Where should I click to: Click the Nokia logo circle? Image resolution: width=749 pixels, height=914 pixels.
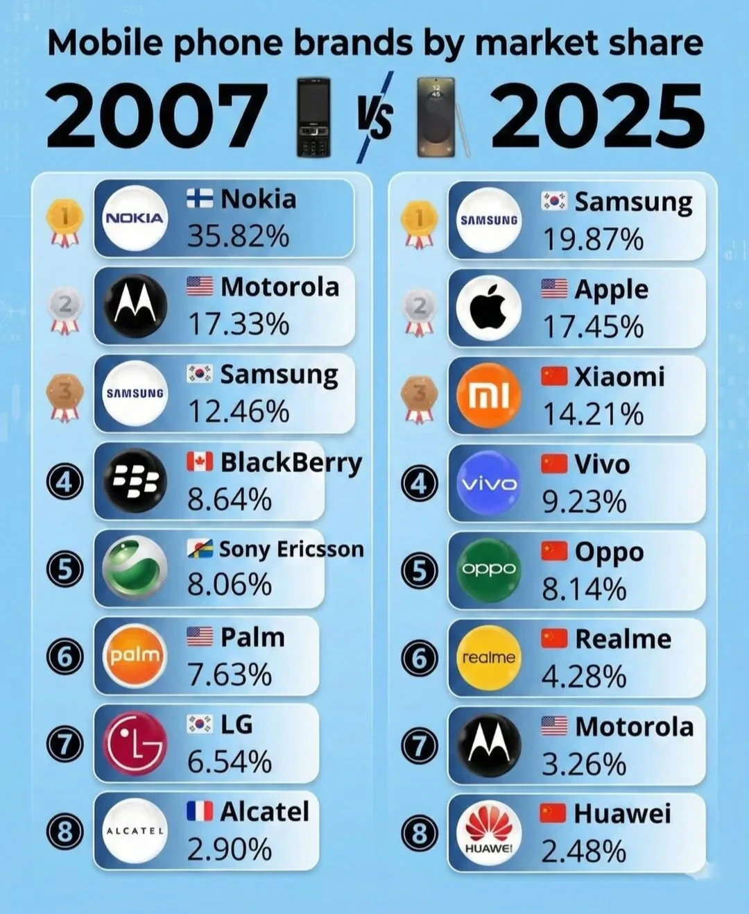pyautogui.click(x=135, y=218)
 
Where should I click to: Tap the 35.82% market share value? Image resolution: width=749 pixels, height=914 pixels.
pyautogui.click(x=238, y=236)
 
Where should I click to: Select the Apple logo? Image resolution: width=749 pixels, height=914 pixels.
pyautogui.click(x=489, y=307)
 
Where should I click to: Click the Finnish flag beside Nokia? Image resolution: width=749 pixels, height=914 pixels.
pyautogui.click(x=200, y=199)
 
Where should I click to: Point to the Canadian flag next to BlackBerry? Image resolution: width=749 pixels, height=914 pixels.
pyautogui.click(x=200, y=462)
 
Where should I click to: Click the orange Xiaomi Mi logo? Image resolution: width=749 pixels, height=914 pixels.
pyautogui.click(x=489, y=395)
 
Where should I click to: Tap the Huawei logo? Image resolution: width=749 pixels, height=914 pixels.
pyautogui.click(x=489, y=832)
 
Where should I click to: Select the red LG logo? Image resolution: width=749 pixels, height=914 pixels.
pyautogui.click(x=135, y=743)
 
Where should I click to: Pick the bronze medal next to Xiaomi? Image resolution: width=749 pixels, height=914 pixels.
pyautogui.click(x=419, y=398)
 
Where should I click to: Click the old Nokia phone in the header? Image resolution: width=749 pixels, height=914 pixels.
pyautogui.click(x=313, y=117)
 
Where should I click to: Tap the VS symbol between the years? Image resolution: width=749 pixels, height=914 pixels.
pyautogui.click(x=374, y=117)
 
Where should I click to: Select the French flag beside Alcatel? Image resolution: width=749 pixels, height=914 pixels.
pyautogui.click(x=200, y=811)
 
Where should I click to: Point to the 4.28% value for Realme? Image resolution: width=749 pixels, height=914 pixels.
pyautogui.click(x=584, y=677)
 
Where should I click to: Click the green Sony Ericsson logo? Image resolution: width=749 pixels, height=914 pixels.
pyautogui.click(x=135, y=568)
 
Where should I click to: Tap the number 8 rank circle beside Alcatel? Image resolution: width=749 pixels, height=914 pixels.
pyautogui.click(x=65, y=831)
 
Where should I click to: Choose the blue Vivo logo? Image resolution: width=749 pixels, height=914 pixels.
pyautogui.click(x=489, y=482)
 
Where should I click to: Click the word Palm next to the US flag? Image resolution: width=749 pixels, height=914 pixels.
pyautogui.click(x=252, y=637)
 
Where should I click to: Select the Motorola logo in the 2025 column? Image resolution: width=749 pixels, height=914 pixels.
pyautogui.click(x=489, y=745)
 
